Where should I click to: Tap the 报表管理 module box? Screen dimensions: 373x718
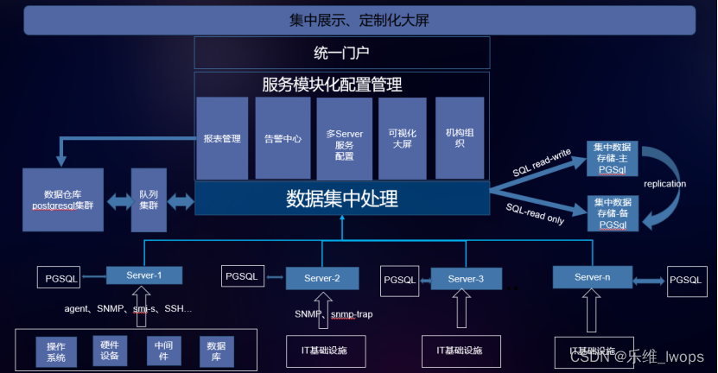[222, 138]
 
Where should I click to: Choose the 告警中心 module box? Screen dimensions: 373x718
[283, 138]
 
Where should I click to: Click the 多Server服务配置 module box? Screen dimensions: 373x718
[344, 138]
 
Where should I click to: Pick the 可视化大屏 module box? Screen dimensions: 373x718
[403, 138]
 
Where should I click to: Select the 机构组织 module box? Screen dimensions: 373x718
[459, 138]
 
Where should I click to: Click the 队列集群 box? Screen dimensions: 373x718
[148, 200]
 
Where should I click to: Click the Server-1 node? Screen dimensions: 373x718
[145, 275]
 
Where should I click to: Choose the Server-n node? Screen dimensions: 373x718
[592, 276]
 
